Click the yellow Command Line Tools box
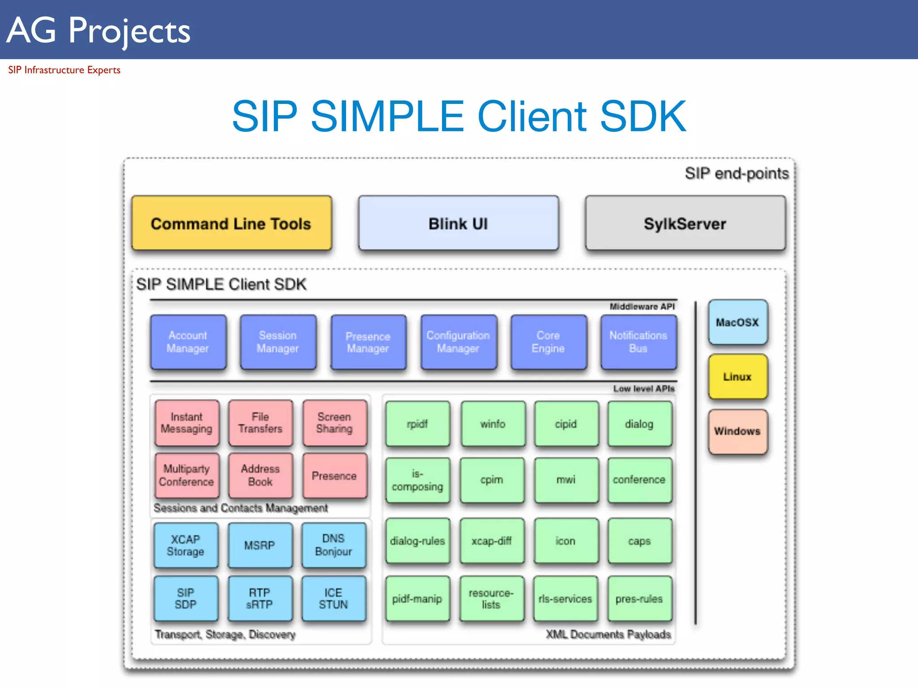pos(231,223)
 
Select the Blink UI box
pos(458,223)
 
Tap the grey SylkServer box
pos(685,223)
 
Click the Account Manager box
pos(188,342)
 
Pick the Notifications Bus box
pos(638,342)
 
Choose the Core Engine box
pos(548,342)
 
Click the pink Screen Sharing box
pos(334,423)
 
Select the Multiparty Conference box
pos(186,475)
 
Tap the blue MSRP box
pos(260,545)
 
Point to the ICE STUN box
pos(333,598)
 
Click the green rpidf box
pos(417,424)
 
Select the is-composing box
pos(417,480)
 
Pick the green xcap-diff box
pos(491,541)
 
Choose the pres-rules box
pos(639,599)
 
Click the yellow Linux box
pos(737,377)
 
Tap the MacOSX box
pos(737,322)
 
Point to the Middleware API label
pos(642,307)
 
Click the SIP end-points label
pos(736,173)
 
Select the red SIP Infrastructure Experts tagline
pos(64,70)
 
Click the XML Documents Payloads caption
pos(608,634)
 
